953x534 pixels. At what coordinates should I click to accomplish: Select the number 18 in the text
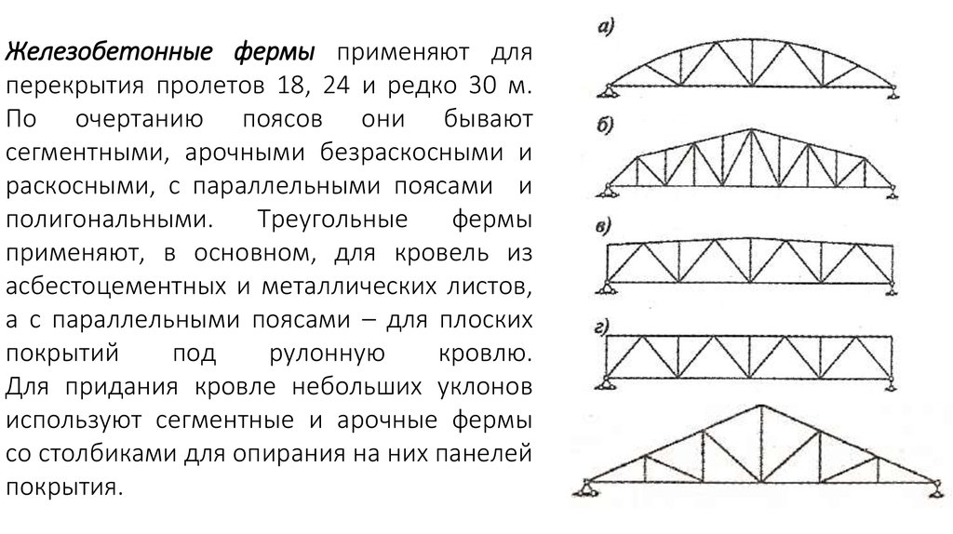point(291,86)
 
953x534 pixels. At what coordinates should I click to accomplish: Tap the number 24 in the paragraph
point(336,85)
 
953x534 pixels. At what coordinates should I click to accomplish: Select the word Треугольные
point(333,220)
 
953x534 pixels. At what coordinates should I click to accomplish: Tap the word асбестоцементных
point(116,287)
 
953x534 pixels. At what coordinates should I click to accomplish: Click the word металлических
point(349,287)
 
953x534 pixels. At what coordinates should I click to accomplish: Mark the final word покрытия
point(64,487)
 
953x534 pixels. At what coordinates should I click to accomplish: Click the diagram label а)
point(606,27)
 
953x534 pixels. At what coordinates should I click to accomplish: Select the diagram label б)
point(605,126)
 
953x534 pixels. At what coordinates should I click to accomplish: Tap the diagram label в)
point(603,227)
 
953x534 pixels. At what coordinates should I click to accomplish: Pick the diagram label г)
point(602,328)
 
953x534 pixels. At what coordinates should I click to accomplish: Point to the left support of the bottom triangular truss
point(586,487)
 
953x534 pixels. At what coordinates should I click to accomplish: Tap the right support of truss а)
point(893,92)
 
